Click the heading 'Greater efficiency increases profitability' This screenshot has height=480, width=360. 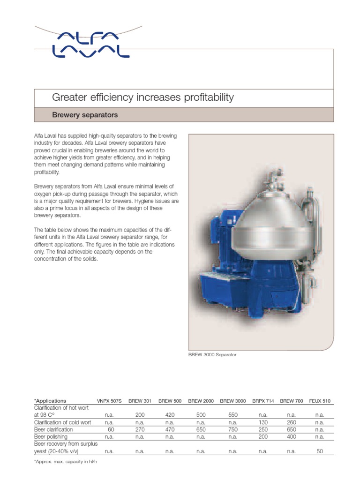click(142, 97)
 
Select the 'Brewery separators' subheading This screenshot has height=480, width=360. click(84, 115)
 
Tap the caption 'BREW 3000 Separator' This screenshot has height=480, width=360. click(212, 355)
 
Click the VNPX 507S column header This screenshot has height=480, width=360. click(109, 401)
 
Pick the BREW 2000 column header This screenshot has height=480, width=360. click(201, 401)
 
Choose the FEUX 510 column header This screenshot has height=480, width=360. click(320, 401)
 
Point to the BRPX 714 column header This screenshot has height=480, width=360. click(262, 401)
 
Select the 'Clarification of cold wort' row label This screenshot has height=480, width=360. click(62, 422)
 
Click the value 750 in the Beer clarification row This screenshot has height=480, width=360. click(232, 429)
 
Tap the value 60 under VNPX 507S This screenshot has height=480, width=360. click(111, 429)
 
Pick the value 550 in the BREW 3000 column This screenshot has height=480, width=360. click(232, 415)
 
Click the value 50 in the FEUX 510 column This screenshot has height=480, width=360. click(320, 451)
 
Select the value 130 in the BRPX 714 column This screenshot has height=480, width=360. click(262, 422)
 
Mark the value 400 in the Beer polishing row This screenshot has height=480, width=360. click(291, 436)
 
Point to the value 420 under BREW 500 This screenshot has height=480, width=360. click(170, 415)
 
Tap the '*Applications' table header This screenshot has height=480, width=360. click(50, 401)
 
